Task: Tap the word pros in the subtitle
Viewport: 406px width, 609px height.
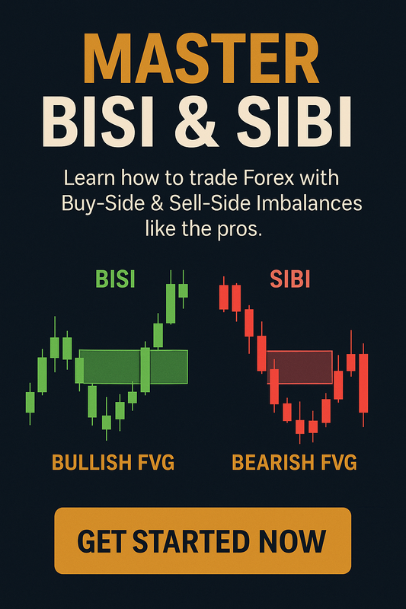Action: click(243, 229)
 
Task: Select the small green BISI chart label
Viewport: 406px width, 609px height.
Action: click(116, 279)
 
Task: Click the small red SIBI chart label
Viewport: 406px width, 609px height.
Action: click(290, 279)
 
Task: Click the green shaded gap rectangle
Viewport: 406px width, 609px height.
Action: click(133, 366)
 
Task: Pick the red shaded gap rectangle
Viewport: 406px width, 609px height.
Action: click(299, 367)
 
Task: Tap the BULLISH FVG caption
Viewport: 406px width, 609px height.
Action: click(113, 462)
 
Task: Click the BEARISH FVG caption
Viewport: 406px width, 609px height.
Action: click(293, 462)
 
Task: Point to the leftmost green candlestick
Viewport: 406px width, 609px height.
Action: click(30, 401)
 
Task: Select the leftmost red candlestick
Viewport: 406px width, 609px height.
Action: click(223, 296)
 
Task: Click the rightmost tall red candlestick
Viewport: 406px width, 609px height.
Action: click(363, 382)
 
